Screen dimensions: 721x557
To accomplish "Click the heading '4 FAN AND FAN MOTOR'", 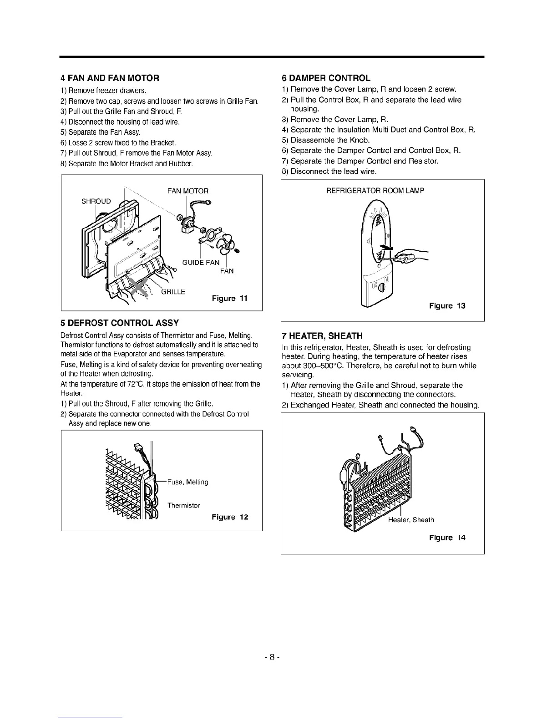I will pyautogui.click(x=110, y=78).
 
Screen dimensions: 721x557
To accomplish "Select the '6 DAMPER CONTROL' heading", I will pyautogui.click(x=326, y=78).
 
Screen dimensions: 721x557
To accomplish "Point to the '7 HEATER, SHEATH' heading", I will pyautogui.click(x=322, y=336).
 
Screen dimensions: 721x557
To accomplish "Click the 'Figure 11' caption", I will pyautogui.click(x=230, y=299).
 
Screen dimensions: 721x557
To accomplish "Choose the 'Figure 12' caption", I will pyautogui.click(x=230, y=517).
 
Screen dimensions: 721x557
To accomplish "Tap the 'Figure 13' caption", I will pyautogui.click(x=447, y=306).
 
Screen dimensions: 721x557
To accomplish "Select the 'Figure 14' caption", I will pyautogui.click(x=447, y=538).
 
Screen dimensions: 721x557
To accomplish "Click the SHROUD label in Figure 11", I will pyautogui.click(x=96, y=201).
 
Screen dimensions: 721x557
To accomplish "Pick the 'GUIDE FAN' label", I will pyautogui.click(x=201, y=263).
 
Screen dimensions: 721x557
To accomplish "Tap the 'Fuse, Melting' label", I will pyautogui.click(x=187, y=482).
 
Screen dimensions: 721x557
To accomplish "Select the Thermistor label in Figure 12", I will pyautogui.click(x=183, y=505).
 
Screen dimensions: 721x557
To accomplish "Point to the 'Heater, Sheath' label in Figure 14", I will pyautogui.click(x=411, y=520).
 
